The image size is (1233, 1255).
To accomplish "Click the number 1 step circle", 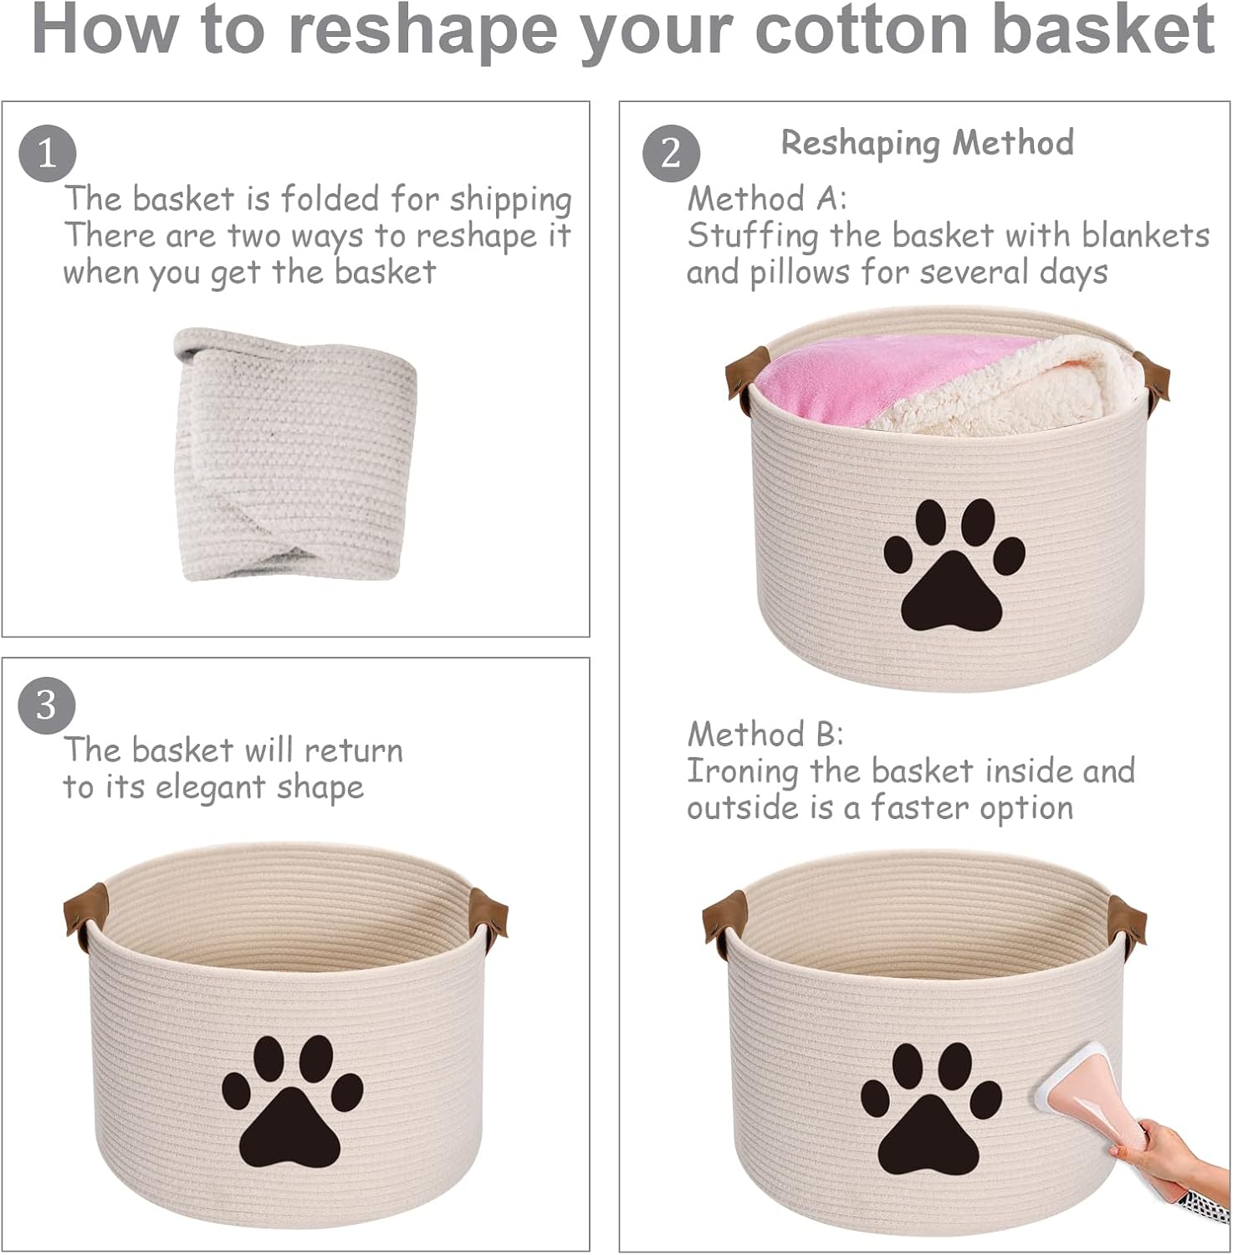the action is pos(48,153).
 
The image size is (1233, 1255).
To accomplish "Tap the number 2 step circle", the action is pos(671,153).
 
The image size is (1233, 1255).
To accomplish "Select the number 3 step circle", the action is pos(47,704).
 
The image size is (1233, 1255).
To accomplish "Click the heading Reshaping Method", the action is pos(928,144).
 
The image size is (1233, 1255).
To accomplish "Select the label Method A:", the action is pos(767,199).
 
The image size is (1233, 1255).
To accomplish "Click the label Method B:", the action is pos(765,735).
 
